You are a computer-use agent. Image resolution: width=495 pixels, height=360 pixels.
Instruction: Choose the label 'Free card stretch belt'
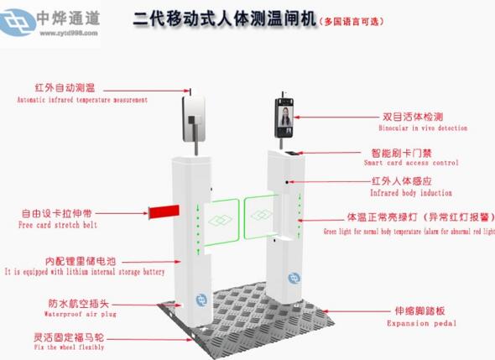(59, 225)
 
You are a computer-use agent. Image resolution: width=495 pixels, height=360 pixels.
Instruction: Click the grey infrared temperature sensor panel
(196, 118)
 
